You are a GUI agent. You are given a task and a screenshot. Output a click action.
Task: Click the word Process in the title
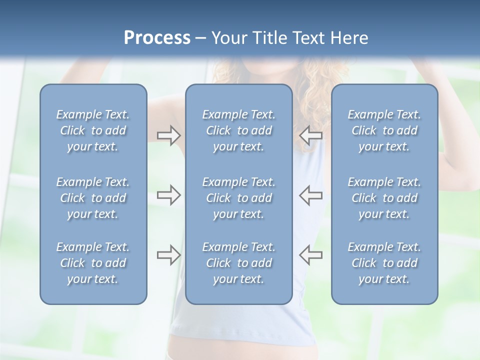click(157, 38)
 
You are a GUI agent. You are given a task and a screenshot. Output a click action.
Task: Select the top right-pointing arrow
click(168, 135)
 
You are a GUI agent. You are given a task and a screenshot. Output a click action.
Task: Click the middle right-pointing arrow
click(168, 195)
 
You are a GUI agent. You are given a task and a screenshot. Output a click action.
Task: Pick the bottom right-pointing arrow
click(168, 255)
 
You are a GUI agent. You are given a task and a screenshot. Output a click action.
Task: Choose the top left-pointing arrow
click(310, 135)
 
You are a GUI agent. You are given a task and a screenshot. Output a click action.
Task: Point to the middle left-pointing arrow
click(310, 195)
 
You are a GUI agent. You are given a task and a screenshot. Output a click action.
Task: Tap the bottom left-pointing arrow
click(310, 255)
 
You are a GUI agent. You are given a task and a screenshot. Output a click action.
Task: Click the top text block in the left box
click(93, 130)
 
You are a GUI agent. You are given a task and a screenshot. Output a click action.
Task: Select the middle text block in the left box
click(93, 198)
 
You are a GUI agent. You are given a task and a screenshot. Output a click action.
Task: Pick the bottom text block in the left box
click(93, 263)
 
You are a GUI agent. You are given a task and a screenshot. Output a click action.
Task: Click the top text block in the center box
click(239, 130)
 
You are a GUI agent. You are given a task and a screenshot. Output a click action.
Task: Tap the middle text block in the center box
click(239, 198)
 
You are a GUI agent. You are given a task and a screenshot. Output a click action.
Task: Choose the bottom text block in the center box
click(239, 263)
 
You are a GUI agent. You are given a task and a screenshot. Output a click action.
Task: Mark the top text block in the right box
click(384, 130)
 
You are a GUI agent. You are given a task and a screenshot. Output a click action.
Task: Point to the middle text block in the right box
click(384, 198)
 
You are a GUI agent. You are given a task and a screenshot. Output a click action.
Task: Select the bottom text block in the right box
click(384, 263)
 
